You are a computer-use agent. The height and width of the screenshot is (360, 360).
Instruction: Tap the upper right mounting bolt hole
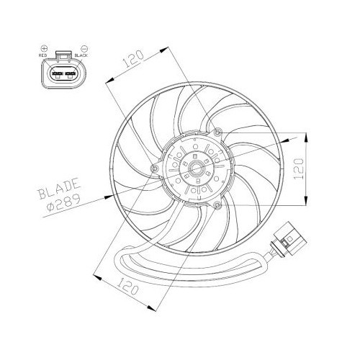218,132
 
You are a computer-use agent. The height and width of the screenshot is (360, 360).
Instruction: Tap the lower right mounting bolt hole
217,207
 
